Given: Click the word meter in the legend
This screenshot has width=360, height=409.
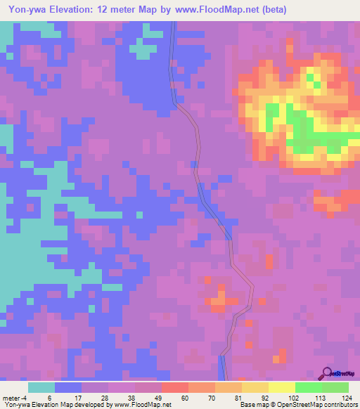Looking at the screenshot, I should pyautogui.click(x=13, y=398).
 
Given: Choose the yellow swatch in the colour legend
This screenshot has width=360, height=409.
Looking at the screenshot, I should pyautogui.click(x=282, y=387).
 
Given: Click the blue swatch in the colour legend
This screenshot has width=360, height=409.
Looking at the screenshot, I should pyautogui.click(x=67, y=387).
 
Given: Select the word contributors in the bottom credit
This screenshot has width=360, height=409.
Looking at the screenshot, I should pyautogui.click(x=337, y=405).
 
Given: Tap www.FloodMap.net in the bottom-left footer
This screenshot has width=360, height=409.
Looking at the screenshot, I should pyautogui.click(x=141, y=405).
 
